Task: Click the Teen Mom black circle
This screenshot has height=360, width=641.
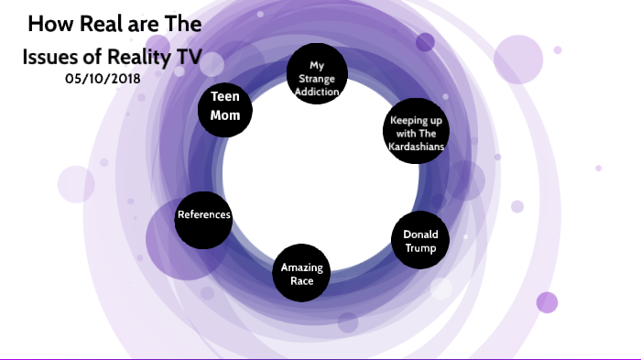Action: click(225, 108)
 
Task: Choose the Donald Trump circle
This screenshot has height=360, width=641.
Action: click(420, 241)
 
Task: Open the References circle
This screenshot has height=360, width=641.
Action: click(203, 216)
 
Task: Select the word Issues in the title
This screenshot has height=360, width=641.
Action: click(50, 58)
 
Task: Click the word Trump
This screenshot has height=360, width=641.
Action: click(420, 247)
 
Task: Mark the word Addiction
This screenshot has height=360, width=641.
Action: click(317, 92)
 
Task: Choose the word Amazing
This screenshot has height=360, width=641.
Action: click(301, 267)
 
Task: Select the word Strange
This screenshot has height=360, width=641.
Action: click(317, 79)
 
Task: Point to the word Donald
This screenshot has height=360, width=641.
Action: click(420, 235)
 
